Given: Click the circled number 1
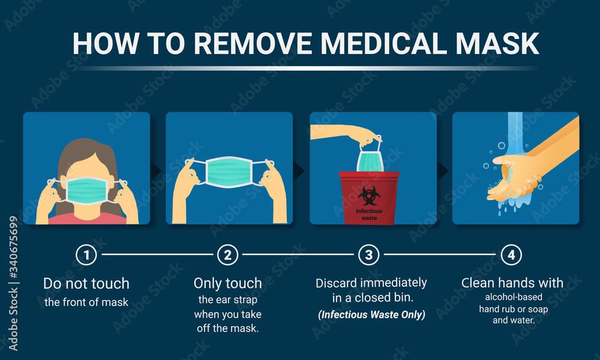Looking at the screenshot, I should (86, 255).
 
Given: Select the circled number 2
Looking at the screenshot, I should (227, 255).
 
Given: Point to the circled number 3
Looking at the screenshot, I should (368, 255).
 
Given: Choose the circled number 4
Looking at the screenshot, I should (511, 255).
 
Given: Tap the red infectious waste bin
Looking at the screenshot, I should (369, 198).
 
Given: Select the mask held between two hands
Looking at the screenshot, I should (229, 171).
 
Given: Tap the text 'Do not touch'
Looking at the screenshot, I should (86, 283).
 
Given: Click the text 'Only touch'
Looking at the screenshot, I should (227, 283).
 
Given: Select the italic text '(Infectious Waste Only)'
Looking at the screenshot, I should (371, 314).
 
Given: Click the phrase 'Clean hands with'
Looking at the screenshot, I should (512, 283).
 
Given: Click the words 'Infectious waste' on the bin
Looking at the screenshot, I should (368, 214).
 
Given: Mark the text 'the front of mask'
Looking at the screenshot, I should (86, 302).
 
